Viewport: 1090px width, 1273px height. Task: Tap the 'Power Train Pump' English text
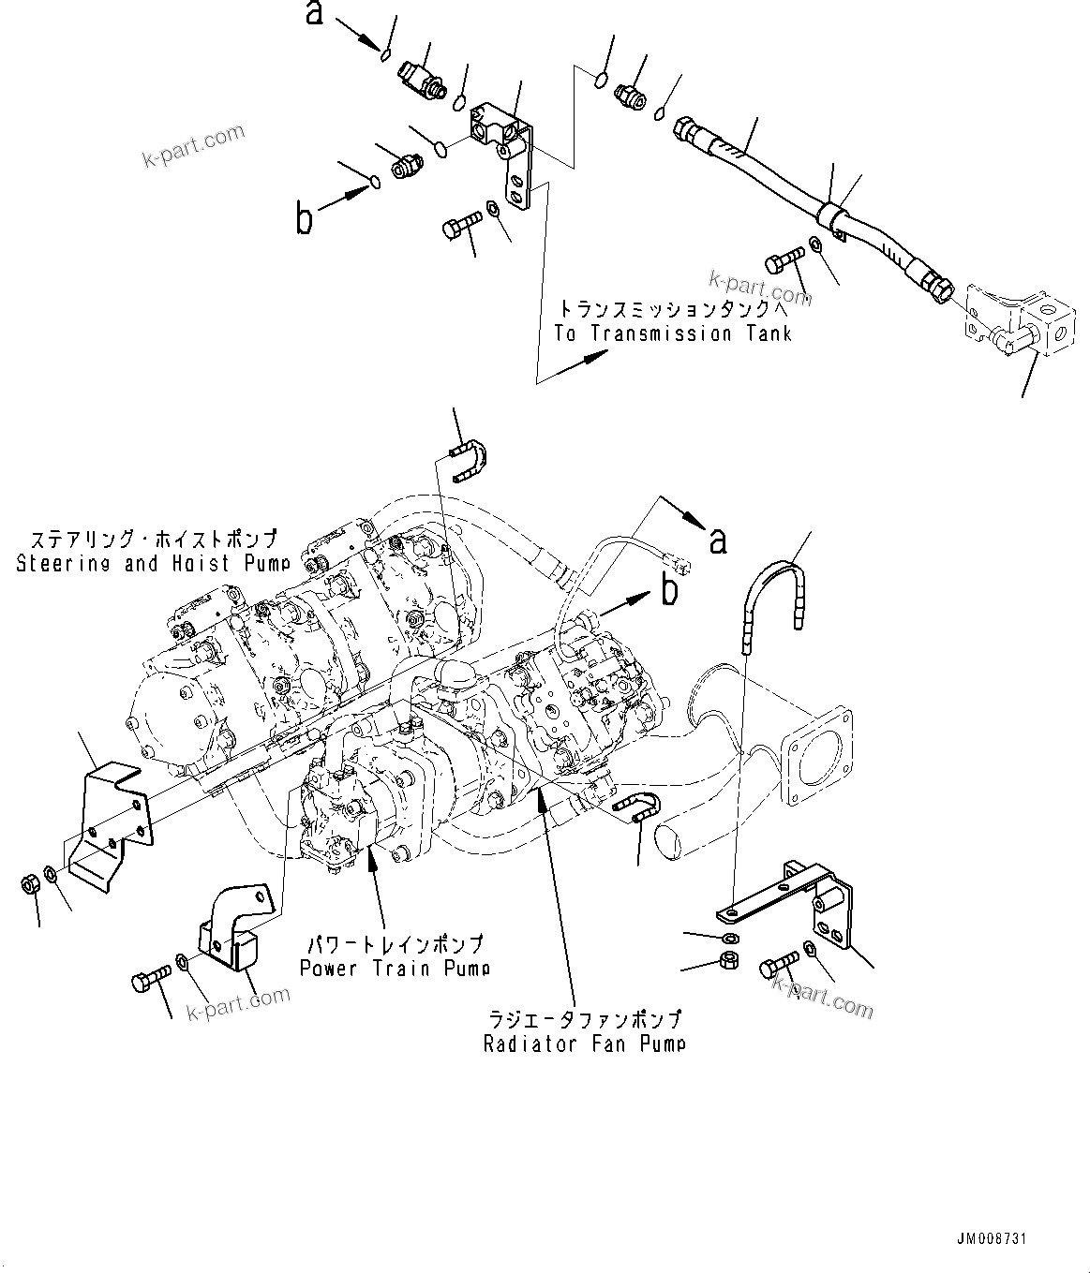(x=395, y=968)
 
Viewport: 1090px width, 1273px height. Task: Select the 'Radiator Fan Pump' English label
(x=584, y=1044)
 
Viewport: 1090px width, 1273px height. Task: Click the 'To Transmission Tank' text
(x=673, y=334)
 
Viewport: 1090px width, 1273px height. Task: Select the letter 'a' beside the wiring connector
(x=718, y=540)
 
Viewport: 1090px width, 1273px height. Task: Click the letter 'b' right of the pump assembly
(x=669, y=592)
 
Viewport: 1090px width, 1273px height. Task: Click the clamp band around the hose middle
(x=829, y=215)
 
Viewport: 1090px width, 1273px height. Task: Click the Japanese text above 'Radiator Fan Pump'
(x=584, y=1019)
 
